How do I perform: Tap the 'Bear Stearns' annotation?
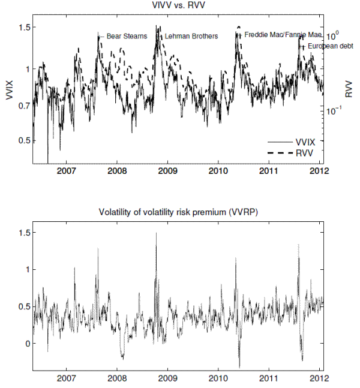pos(127,36)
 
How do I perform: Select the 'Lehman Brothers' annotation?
pos(191,36)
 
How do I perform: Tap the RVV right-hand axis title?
pos(349,90)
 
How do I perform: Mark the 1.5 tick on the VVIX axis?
pos(23,28)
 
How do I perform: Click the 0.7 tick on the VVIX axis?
pos(23,106)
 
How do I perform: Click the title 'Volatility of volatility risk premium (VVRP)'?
pos(178,214)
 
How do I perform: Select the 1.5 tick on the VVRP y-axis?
pos(23,233)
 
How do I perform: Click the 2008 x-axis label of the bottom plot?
pos(117,378)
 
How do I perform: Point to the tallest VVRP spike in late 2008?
pos(156,234)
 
